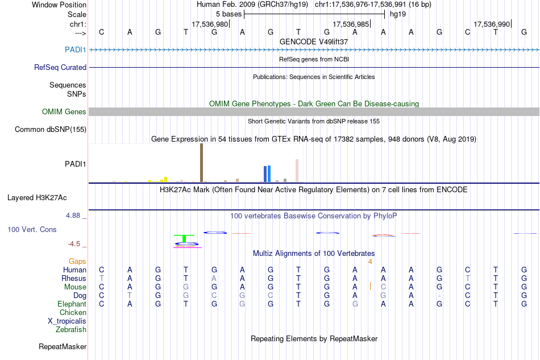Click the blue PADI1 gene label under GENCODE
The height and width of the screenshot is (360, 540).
tap(76, 50)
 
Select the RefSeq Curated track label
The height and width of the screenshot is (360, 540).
tap(60, 67)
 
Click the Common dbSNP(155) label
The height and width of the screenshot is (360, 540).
tap(51, 130)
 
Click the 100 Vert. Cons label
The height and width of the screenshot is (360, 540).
tap(32, 230)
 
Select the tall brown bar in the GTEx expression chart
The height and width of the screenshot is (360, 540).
tap(201, 163)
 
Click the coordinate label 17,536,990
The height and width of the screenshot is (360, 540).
tap(492, 24)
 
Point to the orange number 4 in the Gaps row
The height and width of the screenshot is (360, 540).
tap(370, 262)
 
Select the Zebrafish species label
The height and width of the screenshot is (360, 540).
tap(71, 330)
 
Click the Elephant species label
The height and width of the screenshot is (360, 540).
tap(72, 304)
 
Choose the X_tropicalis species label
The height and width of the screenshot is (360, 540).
tap(67, 321)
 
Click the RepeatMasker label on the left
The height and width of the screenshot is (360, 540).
tap(63, 346)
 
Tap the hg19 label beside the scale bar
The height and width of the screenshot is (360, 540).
tap(397, 14)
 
